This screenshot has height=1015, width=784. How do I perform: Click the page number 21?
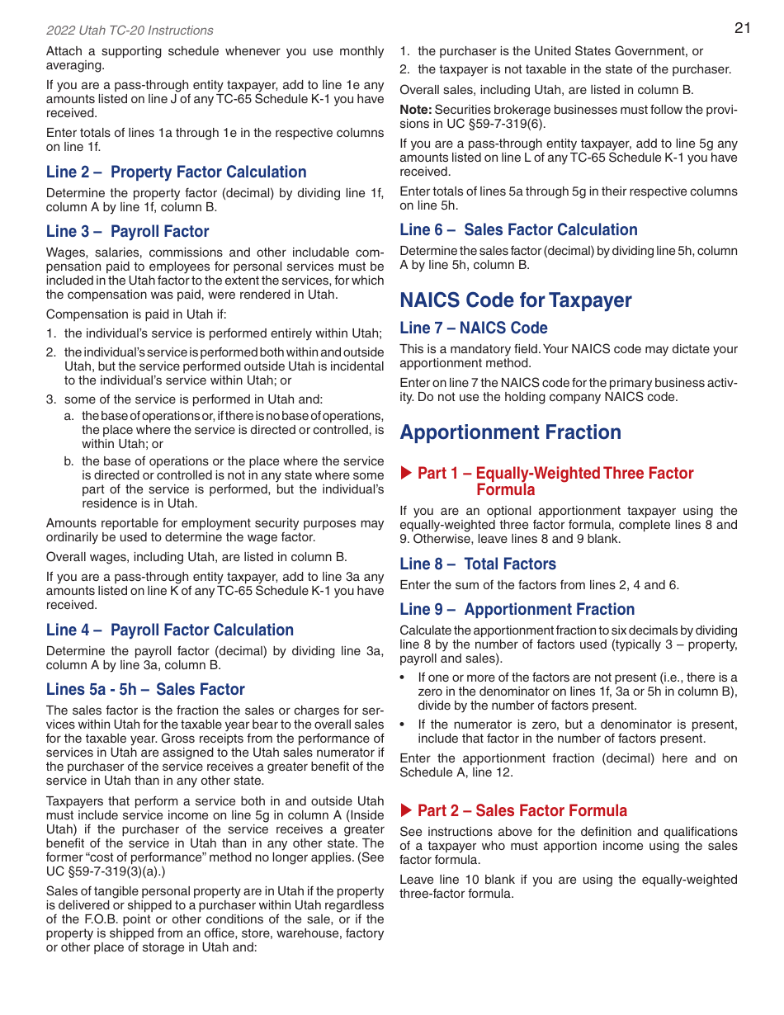click(x=742, y=28)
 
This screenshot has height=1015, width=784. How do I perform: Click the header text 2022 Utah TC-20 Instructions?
click(x=130, y=31)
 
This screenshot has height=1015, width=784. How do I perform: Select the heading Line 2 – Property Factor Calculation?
click(x=176, y=172)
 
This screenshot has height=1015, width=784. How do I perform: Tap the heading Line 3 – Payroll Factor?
click(x=127, y=231)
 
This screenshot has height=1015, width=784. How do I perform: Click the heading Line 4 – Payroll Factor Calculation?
click(x=169, y=630)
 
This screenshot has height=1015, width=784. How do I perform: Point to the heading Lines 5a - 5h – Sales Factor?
click(x=145, y=689)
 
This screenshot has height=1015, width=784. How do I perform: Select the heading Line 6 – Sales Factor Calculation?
click(x=518, y=229)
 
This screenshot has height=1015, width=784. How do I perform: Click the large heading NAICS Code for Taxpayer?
click(x=516, y=300)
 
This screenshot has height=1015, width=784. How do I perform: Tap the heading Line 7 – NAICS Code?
click(x=474, y=328)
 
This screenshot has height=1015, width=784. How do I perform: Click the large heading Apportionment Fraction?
click(x=510, y=432)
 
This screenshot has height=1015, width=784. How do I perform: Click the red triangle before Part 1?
click(x=405, y=473)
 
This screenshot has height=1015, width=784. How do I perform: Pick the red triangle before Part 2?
click(x=405, y=810)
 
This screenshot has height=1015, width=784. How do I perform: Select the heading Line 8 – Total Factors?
click(x=478, y=564)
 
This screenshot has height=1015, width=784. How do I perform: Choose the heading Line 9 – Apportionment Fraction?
click(x=517, y=609)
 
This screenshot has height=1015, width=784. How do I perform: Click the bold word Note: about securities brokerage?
click(x=415, y=110)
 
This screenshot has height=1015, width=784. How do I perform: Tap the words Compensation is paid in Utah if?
click(x=136, y=314)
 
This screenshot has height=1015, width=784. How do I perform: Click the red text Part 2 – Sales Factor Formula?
click(x=522, y=810)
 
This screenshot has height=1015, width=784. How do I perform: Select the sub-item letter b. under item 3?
click(x=69, y=461)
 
